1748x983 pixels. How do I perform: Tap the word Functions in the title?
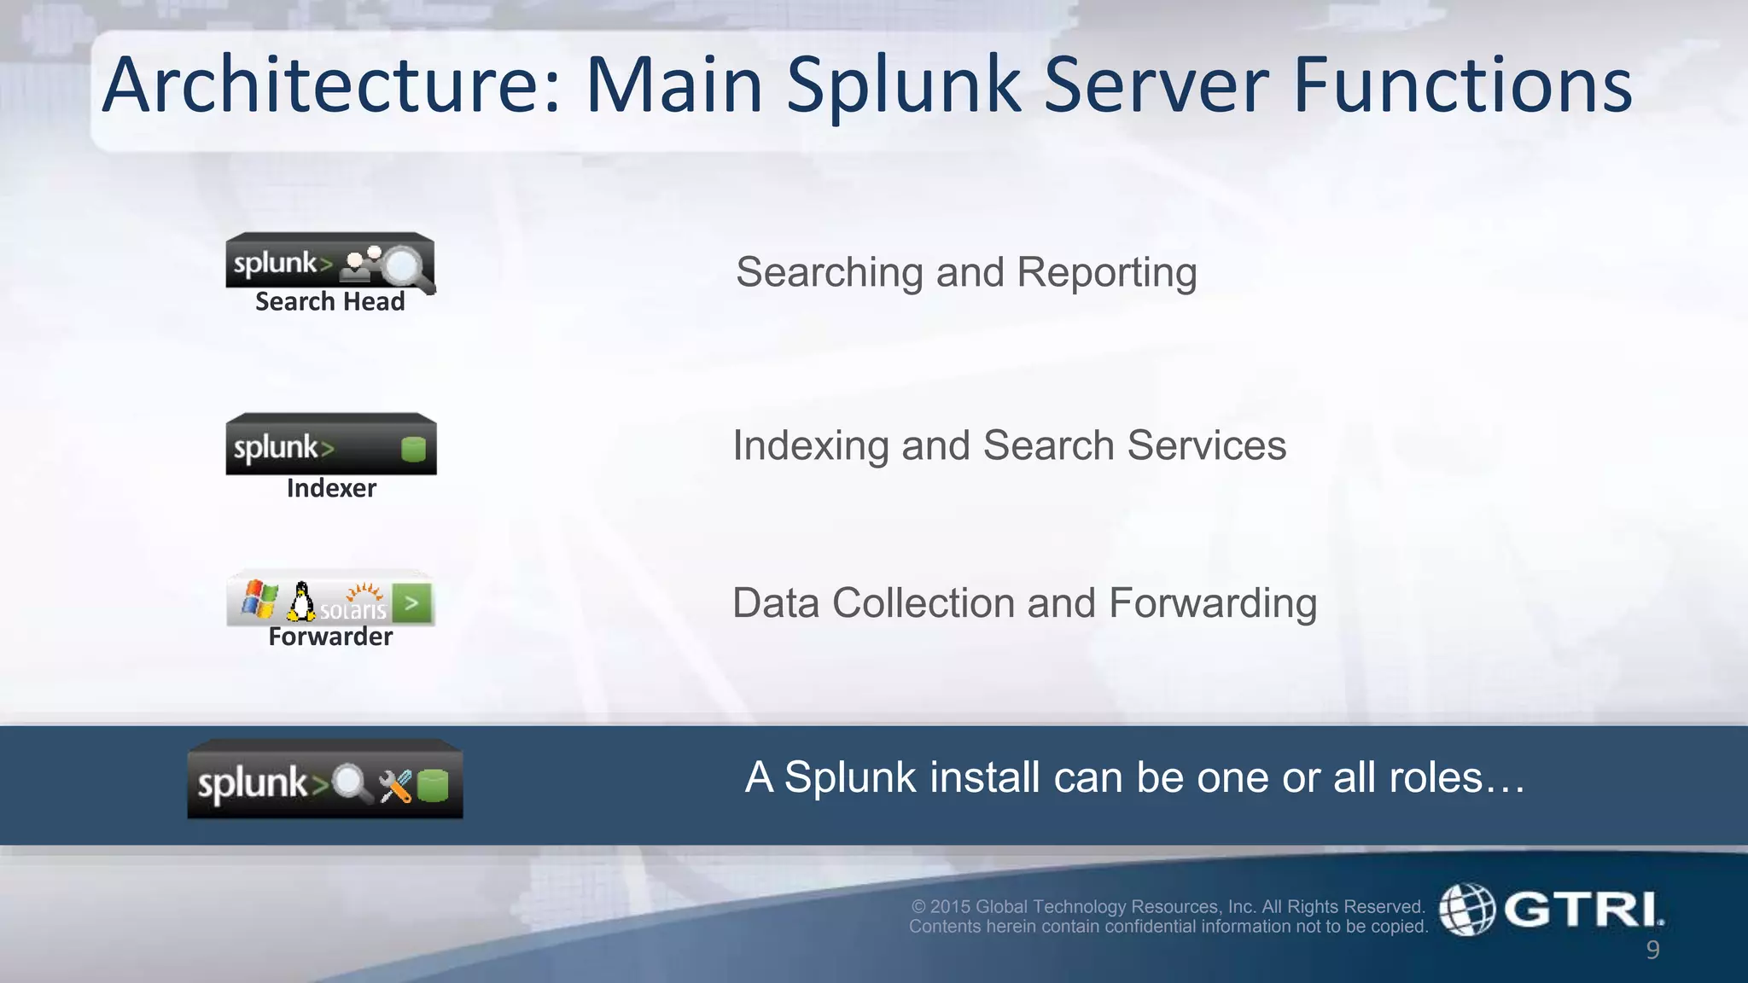pyautogui.click(x=1462, y=85)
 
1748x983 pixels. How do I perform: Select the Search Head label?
pyautogui.click(x=329, y=301)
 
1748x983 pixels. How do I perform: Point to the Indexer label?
pyautogui.click(x=331, y=488)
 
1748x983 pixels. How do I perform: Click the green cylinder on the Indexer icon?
pyautogui.click(x=413, y=449)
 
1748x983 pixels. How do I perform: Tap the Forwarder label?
pyautogui.click(x=330, y=637)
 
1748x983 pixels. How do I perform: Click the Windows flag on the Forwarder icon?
pyautogui.click(x=259, y=599)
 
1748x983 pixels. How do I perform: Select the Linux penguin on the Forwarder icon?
pyautogui.click(x=300, y=602)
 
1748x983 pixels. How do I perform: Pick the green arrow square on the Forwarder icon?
pyautogui.click(x=412, y=603)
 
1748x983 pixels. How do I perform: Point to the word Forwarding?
pyautogui.click(x=1213, y=603)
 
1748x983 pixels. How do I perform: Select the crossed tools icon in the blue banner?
pyautogui.click(x=395, y=786)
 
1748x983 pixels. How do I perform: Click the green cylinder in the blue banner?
pyautogui.click(x=433, y=786)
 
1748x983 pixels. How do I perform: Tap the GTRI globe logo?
pyautogui.click(x=1467, y=909)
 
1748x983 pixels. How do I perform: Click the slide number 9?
pyautogui.click(x=1652, y=950)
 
